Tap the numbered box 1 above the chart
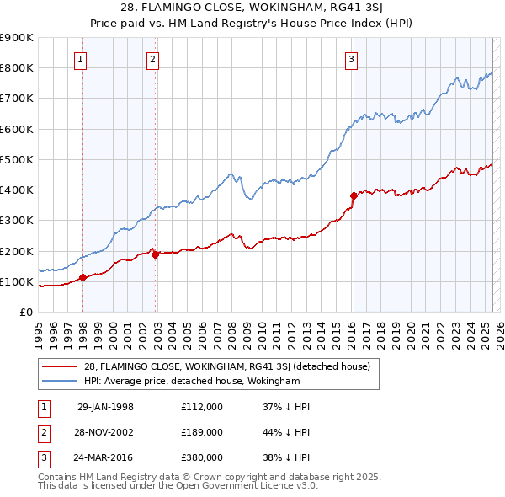pos(80,59)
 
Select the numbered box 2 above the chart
pos(152,59)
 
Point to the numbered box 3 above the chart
pos(350,59)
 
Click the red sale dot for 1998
pos(82,277)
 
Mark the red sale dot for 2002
pos(155,254)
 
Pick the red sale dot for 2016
pos(353,195)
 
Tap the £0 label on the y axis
pos(25,312)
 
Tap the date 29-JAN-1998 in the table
pos(105,407)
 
